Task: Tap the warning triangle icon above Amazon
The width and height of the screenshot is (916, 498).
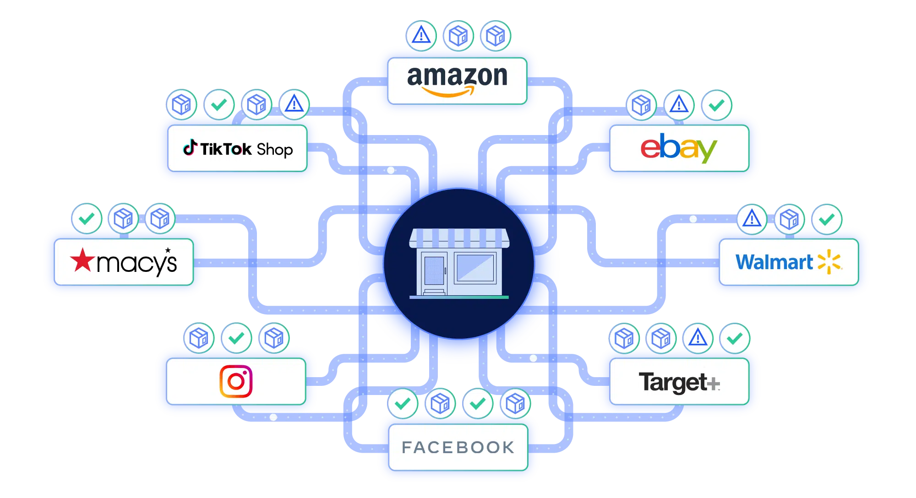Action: tap(421, 35)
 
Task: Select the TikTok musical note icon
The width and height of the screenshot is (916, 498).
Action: tap(190, 147)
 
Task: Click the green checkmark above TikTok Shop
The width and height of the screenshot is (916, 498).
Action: tap(219, 105)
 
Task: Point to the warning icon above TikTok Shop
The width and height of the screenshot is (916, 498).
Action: tap(294, 105)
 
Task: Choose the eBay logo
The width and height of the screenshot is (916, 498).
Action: tap(678, 148)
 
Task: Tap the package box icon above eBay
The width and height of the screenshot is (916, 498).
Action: tap(641, 105)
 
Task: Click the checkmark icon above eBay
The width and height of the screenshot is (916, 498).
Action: tap(716, 105)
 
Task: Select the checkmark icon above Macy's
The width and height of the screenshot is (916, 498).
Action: tap(87, 218)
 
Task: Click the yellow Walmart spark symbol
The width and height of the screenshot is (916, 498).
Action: tap(829, 262)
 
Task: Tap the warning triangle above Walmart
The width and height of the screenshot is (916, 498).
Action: tap(752, 219)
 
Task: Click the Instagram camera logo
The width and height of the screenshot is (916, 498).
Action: tap(236, 381)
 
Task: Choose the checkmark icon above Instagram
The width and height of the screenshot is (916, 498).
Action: tap(236, 338)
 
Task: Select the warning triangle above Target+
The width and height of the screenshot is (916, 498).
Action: tap(698, 338)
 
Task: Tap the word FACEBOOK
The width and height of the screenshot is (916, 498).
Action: tap(458, 447)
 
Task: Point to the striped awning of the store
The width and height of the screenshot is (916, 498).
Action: tap(459, 238)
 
